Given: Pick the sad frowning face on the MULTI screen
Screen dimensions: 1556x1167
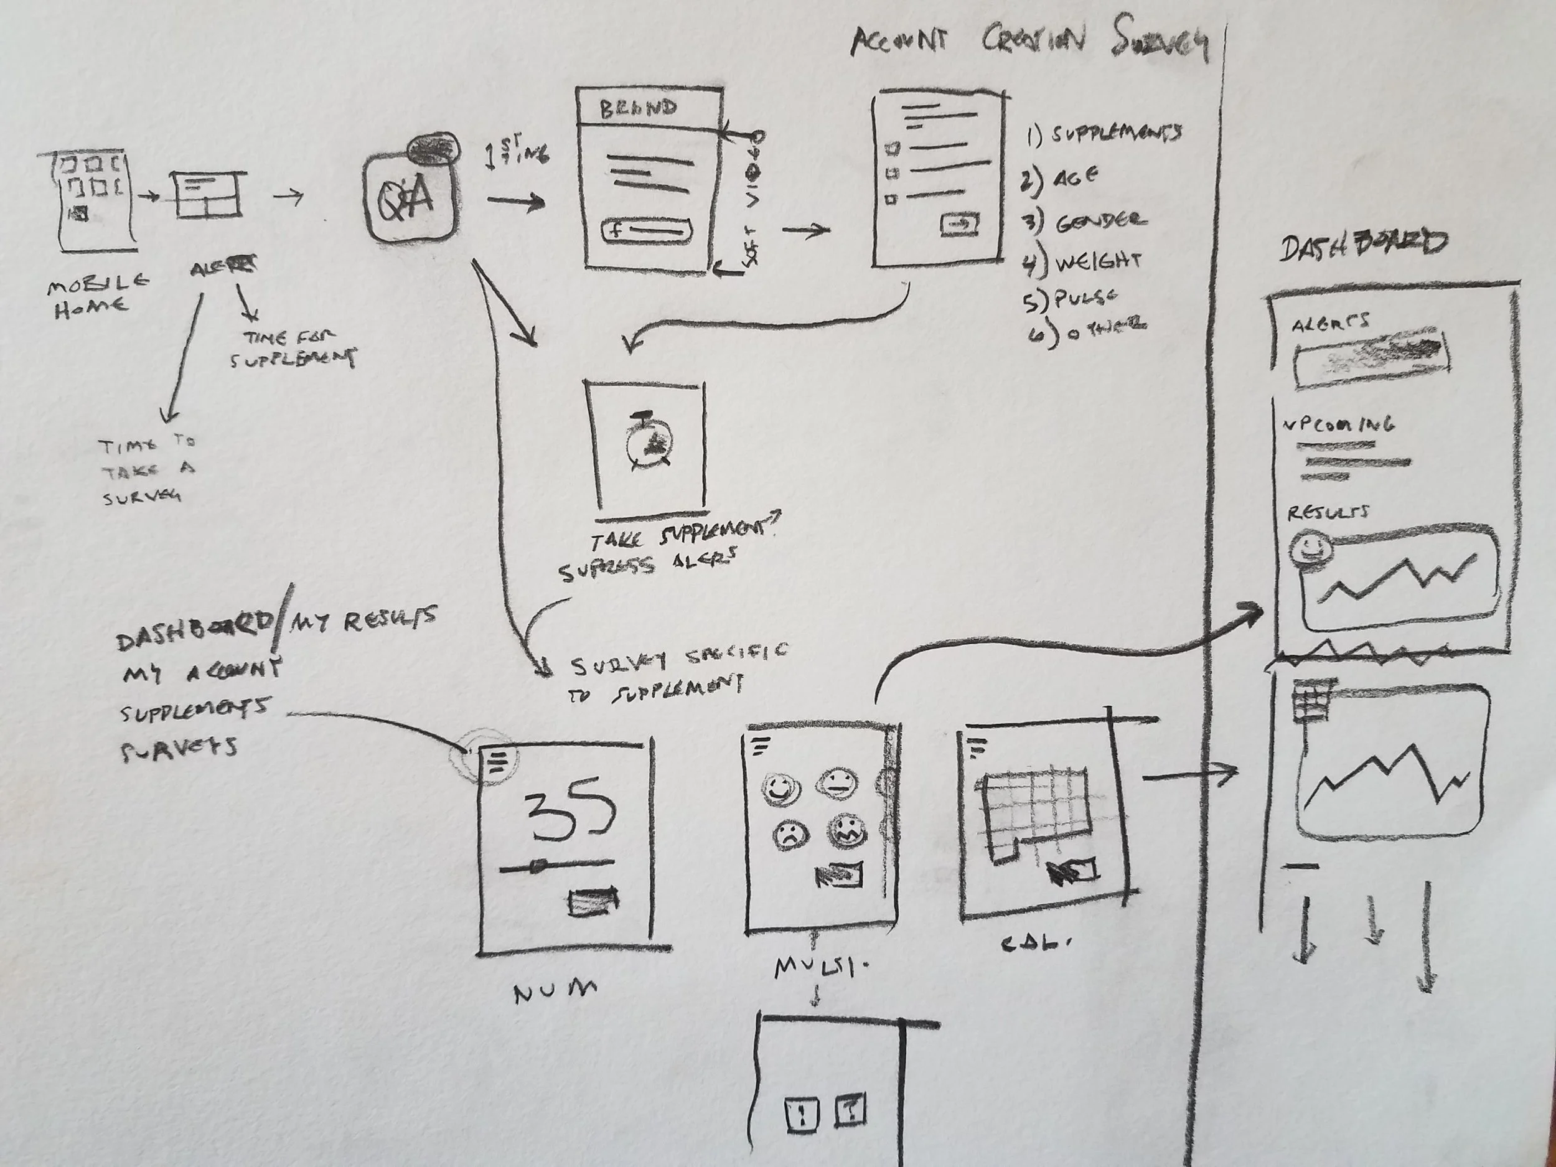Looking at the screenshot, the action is tap(790, 835).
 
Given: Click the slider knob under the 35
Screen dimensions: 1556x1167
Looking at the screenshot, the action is tap(538, 866).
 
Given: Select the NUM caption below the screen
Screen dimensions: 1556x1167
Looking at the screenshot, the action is tap(555, 993).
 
